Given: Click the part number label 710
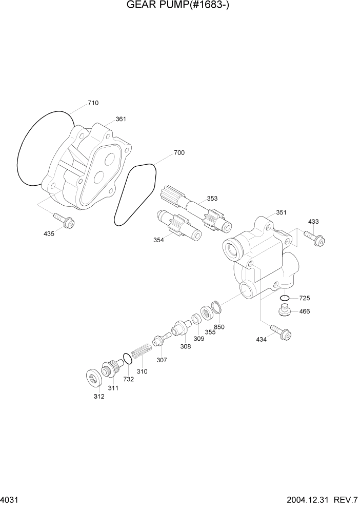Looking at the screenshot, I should click(x=93, y=103).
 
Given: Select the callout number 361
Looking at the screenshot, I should click(x=121, y=119).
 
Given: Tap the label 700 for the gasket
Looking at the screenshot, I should click(x=179, y=153).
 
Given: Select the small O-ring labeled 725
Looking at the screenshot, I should click(x=285, y=298).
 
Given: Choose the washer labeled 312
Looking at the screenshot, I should click(x=93, y=378).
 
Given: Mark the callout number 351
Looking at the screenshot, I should click(x=281, y=212).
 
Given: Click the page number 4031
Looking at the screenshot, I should click(x=10, y=499).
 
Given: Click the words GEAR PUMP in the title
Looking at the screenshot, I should click(x=154, y=6).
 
